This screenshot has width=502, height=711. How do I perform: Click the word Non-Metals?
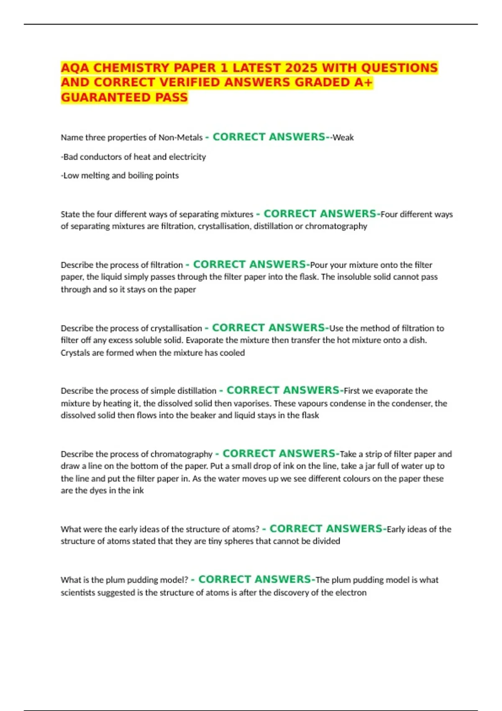(180, 138)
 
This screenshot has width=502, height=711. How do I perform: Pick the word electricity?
(187, 157)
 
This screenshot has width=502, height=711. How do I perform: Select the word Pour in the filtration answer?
(319, 265)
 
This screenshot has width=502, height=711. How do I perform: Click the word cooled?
(232, 353)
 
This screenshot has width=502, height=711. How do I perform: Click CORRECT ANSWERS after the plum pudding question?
(255, 580)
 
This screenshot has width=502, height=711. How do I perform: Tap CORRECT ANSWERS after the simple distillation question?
(283, 390)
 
